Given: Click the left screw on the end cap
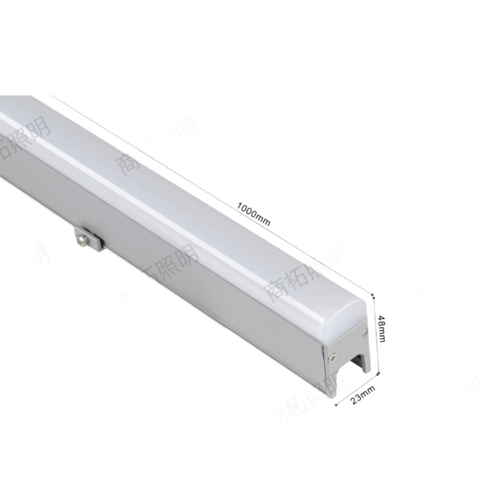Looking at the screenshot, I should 331,357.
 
